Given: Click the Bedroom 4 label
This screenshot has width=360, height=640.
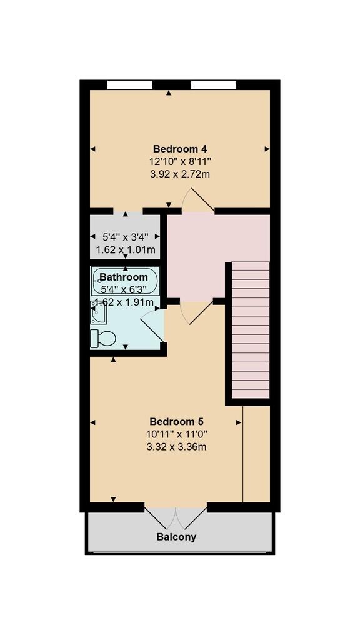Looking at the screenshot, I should [180, 149].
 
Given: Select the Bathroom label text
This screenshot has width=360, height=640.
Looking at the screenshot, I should [124, 277].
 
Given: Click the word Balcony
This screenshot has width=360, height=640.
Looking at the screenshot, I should [176, 537].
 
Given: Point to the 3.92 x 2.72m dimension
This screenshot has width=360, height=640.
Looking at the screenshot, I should [180, 174].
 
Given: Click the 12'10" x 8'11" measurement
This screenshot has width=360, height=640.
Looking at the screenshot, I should [180, 161].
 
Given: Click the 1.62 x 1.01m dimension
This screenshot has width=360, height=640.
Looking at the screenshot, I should [125, 249].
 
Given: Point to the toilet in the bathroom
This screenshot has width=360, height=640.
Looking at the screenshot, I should [103, 339].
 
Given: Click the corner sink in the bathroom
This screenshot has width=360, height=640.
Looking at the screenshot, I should [98, 312].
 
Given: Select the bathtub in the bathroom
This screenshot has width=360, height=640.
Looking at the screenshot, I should [126, 281].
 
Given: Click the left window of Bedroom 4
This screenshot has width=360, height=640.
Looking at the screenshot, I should [129, 84].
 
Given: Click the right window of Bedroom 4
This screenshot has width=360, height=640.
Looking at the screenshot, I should [214, 84].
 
